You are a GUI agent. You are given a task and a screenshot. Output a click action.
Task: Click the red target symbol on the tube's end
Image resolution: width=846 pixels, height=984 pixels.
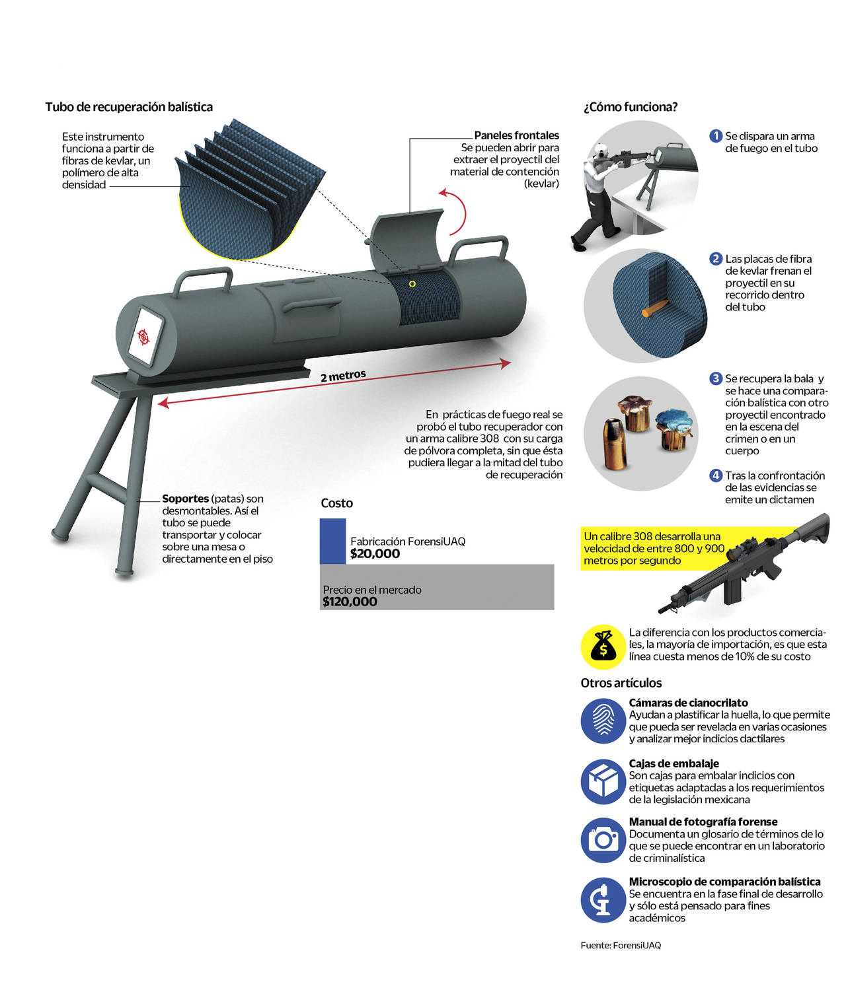click(x=143, y=337)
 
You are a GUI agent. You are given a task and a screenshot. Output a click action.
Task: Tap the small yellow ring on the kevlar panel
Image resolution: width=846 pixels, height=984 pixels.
click(x=412, y=284)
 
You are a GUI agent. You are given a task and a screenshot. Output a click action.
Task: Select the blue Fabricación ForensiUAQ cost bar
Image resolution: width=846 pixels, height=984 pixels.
click(x=332, y=541)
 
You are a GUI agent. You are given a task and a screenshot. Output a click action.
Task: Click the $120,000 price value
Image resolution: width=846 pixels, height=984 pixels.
click(x=350, y=602)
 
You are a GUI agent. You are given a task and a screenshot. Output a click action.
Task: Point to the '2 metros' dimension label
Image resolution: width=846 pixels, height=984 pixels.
click(x=343, y=376)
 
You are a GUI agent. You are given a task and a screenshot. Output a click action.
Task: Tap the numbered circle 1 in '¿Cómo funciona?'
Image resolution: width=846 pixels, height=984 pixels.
click(x=716, y=136)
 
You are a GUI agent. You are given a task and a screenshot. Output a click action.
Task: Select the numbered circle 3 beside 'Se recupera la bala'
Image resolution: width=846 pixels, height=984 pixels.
click(x=716, y=378)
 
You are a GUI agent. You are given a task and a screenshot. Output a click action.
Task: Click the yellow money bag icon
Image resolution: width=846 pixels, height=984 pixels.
click(x=603, y=647)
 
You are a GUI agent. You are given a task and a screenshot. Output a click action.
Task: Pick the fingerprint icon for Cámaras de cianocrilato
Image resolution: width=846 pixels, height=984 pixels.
click(x=603, y=720)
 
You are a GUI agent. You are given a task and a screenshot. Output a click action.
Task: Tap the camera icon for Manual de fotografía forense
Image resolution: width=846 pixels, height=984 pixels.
click(x=603, y=840)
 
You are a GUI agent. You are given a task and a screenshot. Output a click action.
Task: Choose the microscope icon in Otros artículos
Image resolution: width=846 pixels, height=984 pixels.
click(x=603, y=900)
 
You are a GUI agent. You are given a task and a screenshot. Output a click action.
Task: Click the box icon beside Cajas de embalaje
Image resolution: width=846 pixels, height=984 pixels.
click(x=603, y=782)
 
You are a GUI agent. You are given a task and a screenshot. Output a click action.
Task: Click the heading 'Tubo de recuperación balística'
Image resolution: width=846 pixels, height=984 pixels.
click(x=129, y=107)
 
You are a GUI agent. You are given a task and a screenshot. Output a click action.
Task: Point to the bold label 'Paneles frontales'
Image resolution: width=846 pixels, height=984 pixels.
click(x=516, y=135)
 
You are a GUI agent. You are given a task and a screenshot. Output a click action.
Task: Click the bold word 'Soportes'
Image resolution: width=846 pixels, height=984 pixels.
click(x=185, y=499)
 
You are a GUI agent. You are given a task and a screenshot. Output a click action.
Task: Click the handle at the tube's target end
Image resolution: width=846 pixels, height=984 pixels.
click(x=202, y=281)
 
